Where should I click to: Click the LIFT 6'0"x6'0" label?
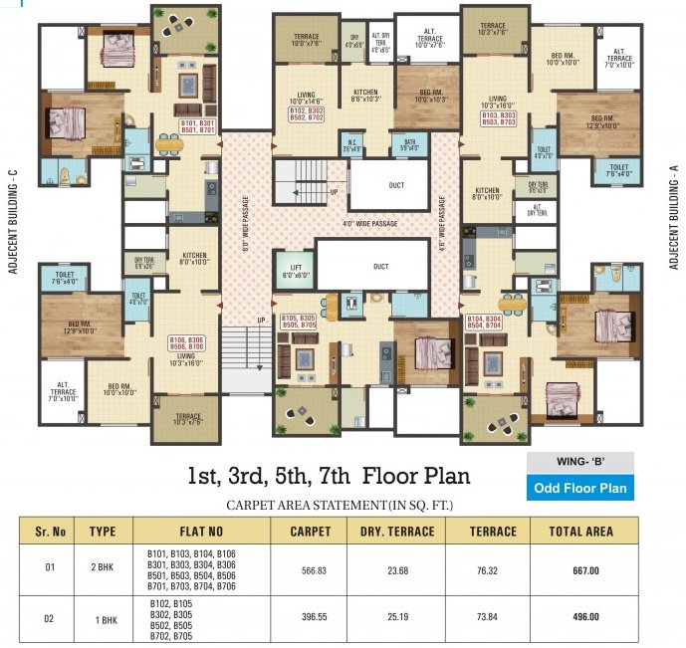(x=294, y=270)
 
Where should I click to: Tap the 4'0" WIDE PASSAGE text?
(x=369, y=224)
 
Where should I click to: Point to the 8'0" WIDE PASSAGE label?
(x=246, y=224)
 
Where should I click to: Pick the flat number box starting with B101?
(x=193, y=126)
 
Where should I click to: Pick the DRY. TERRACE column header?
(x=396, y=532)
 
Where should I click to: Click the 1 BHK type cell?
(x=103, y=617)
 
